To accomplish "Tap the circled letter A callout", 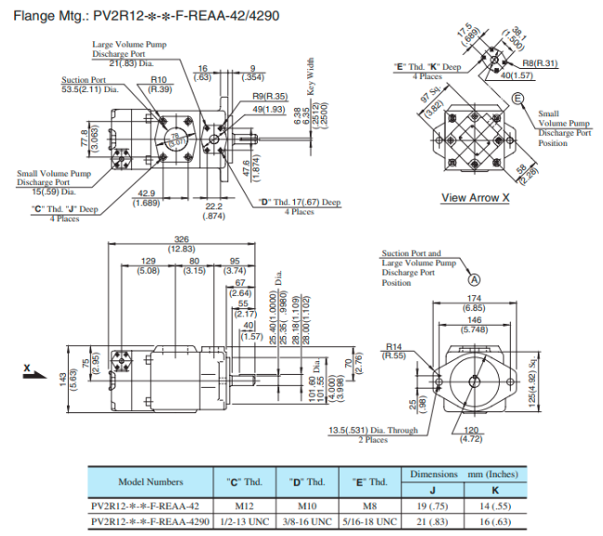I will (x=474, y=278).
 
